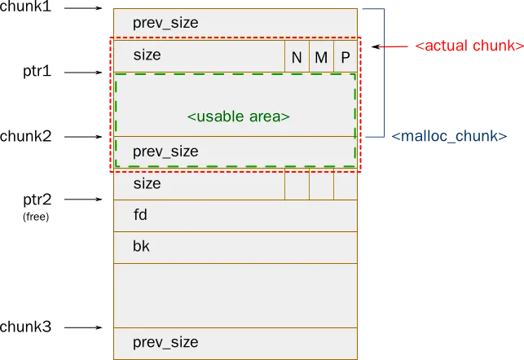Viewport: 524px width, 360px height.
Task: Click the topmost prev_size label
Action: click(x=165, y=23)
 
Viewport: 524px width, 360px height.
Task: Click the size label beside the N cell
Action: click(x=147, y=55)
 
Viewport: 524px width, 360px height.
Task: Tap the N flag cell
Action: click(x=297, y=58)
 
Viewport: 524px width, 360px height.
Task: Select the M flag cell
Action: click(x=321, y=58)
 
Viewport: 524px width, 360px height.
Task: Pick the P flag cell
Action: click(x=346, y=58)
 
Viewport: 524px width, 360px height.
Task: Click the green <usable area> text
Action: click(x=238, y=116)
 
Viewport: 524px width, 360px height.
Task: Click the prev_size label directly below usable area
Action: click(x=165, y=151)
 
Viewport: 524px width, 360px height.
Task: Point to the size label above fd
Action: click(x=147, y=184)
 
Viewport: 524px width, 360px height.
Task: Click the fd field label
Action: click(x=140, y=216)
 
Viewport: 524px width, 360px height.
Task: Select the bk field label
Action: click(x=141, y=246)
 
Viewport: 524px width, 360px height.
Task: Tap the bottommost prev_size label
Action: click(x=165, y=342)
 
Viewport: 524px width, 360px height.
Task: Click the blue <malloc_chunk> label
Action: click(x=448, y=136)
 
